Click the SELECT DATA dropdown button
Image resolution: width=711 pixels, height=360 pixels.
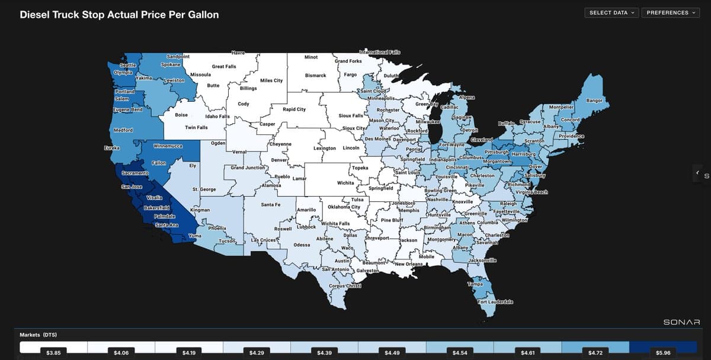[611, 12]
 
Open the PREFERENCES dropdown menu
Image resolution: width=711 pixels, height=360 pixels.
[670, 12]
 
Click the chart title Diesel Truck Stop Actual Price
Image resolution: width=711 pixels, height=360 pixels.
[119, 14]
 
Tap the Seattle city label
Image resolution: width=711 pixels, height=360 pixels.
[128, 65]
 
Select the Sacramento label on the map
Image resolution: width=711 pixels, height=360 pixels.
[134, 173]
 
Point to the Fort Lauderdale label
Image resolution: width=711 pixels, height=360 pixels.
[495, 302]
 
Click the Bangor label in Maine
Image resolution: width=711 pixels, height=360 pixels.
[594, 101]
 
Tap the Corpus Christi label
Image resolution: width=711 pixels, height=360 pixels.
[345, 286]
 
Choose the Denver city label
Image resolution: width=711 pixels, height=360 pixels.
[279, 160]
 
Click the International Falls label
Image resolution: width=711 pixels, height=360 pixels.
[380, 53]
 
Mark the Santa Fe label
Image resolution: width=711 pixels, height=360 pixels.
[270, 204]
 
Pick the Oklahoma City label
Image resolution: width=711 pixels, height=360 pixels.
[344, 207]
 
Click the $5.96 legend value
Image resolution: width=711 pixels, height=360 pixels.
[663, 353]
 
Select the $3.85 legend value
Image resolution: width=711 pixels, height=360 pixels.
[53, 353]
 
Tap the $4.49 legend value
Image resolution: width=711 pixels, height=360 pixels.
[392, 353]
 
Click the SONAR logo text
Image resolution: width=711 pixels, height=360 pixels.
[681, 322]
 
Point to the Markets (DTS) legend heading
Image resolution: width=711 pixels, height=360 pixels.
[38, 335]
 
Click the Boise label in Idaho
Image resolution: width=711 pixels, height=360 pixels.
[181, 115]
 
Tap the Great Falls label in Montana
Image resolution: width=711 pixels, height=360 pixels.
[224, 66]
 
